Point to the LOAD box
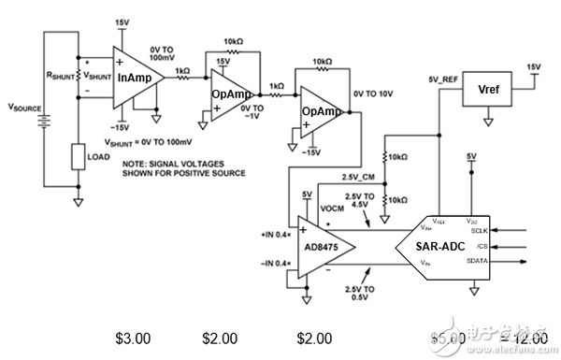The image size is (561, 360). (x=79, y=156)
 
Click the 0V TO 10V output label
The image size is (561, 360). (x=375, y=94)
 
